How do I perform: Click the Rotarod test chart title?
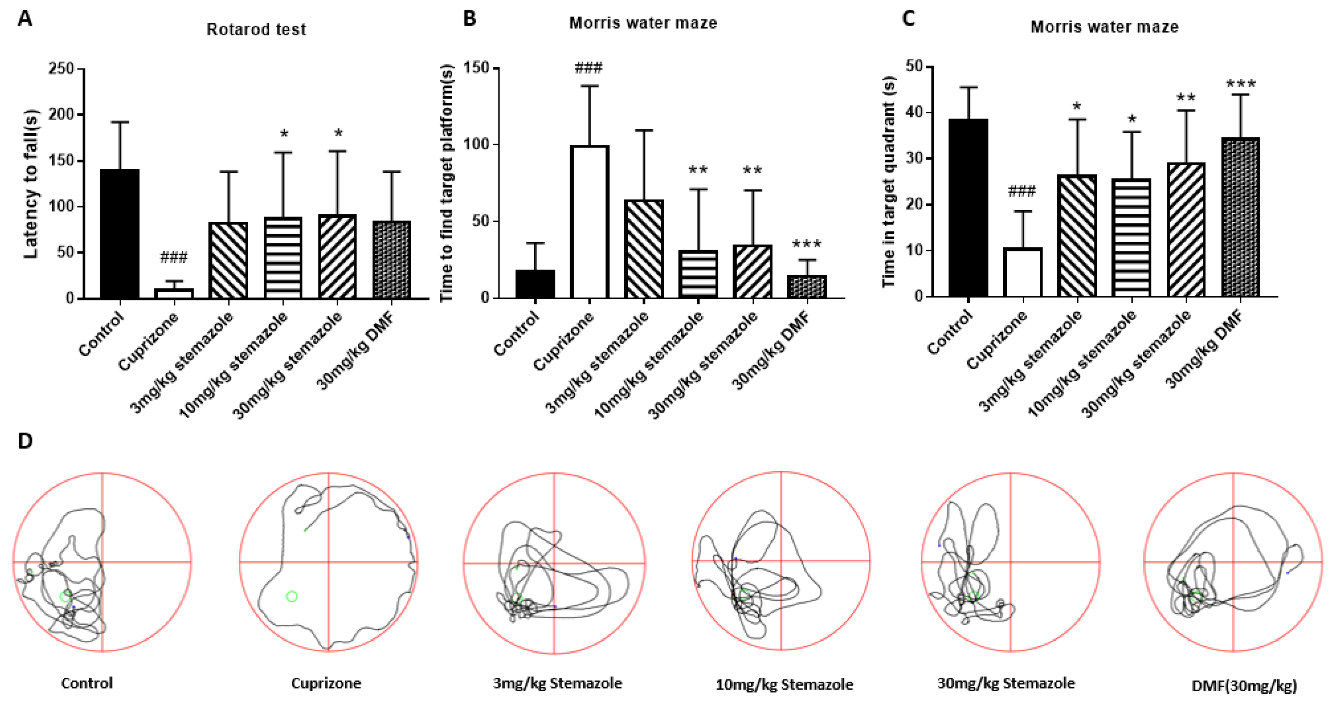click(256, 30)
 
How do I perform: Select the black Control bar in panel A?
click(119, 234)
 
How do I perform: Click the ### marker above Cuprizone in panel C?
click(1022, 192)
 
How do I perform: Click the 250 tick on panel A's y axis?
click(61, 68)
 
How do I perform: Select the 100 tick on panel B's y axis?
click(476, 144)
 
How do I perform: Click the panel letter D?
click(25, 441)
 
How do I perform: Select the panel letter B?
click(469, 19)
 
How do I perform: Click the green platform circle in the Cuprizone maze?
click(291, 596)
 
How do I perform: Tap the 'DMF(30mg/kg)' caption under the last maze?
click(1244, 686)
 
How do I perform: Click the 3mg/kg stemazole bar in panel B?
click(644, 249)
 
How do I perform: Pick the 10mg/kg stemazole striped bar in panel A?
click(283, 258)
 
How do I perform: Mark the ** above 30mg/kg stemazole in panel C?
click(1186, 98)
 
